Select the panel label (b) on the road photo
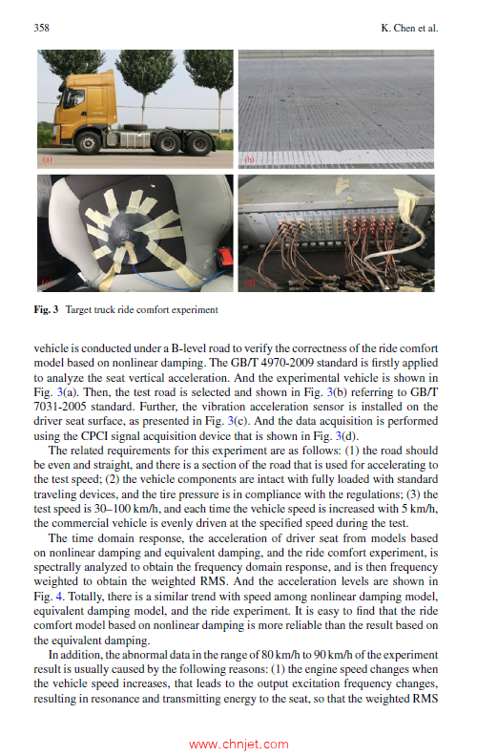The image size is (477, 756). pos(250,161)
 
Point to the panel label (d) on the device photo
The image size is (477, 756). pos(250,283)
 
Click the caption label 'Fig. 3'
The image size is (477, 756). pos(45,310)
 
